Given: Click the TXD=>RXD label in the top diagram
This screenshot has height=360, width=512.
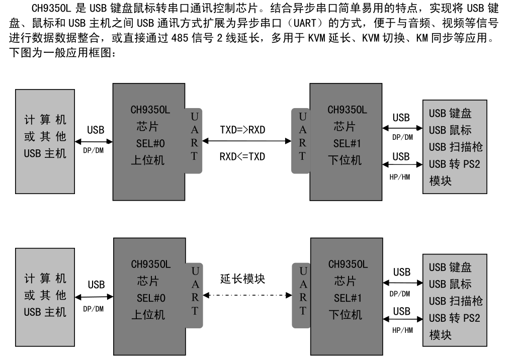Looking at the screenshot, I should point(242,130).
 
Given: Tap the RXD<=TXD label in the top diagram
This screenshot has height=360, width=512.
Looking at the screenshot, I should point(242,156).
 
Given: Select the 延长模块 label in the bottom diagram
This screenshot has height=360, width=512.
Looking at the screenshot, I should point(242,278).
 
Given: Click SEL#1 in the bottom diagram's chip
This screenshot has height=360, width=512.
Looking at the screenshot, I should point(348,298).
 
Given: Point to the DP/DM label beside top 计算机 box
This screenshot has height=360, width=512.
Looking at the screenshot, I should point(93,150).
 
